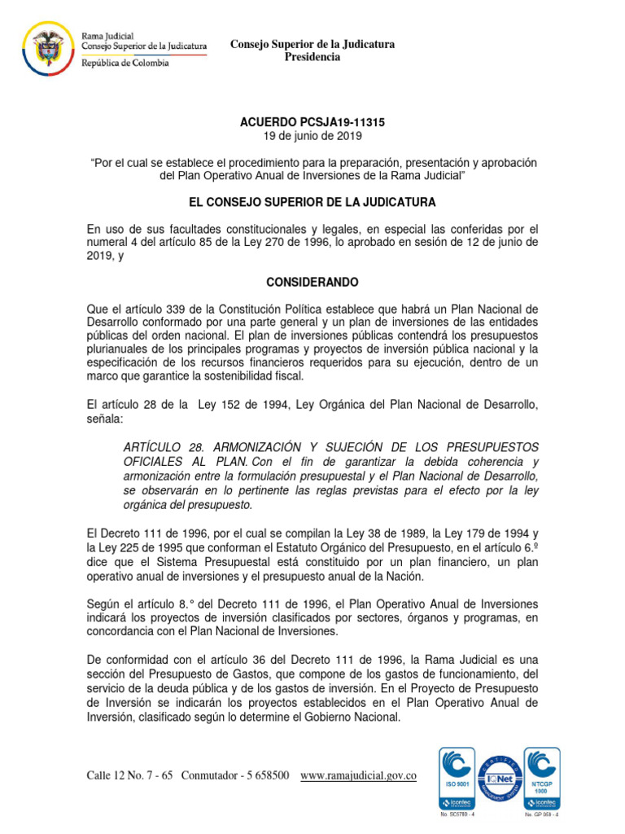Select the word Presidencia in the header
312,57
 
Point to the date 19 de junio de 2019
312,135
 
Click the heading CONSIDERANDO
312,282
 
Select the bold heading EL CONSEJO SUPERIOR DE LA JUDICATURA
312,201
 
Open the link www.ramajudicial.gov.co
359,776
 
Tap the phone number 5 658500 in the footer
262,776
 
